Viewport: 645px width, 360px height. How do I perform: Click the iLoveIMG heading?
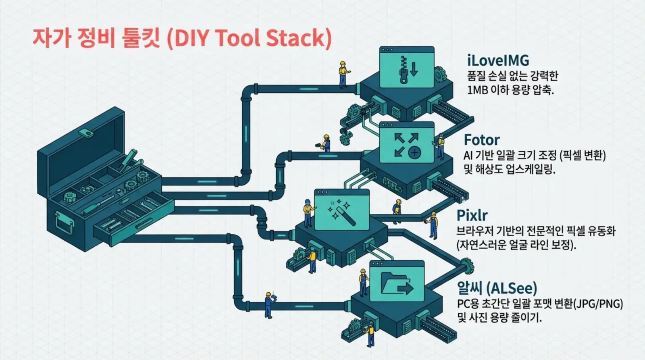[498, 60]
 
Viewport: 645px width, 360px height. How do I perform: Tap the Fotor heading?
[481, 140]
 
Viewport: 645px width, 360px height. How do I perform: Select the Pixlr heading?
[472, 215]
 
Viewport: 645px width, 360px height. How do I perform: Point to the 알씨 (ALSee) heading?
[497, 288]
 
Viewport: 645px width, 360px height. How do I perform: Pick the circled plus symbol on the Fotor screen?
[414, 152]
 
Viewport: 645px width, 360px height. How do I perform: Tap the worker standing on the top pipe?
[343, 75]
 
